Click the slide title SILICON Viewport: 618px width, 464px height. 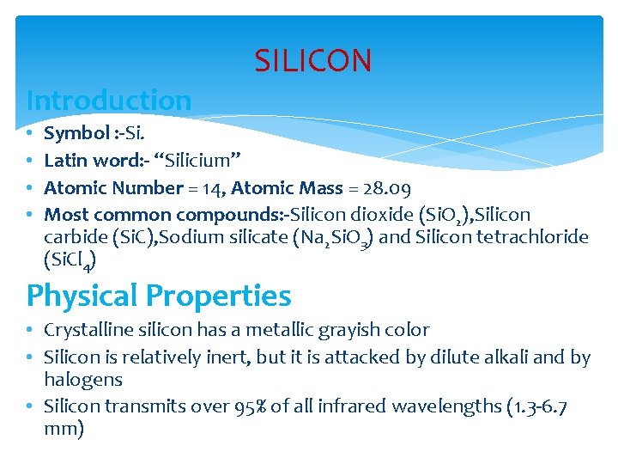313,61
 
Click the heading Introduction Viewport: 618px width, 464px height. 109,101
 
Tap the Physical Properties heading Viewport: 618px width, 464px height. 159,296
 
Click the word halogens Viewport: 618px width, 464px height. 83,379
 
